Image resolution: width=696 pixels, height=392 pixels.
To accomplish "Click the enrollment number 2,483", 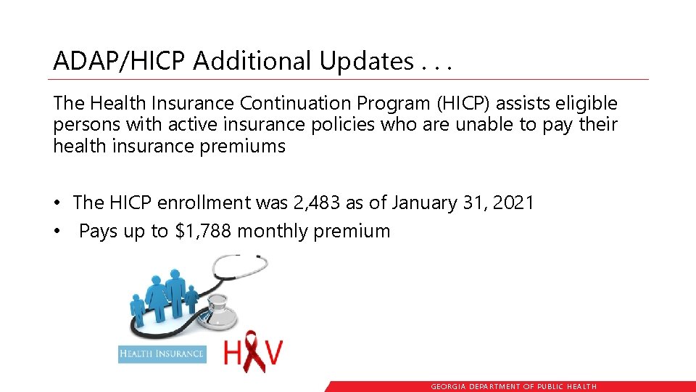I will tap(315, 203).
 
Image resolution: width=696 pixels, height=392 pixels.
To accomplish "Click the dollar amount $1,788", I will tap(204, 231).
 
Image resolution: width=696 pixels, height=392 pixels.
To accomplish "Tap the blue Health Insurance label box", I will tap(162, 354).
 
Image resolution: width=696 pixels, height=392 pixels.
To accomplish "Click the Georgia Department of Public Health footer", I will tap(513, 387).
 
